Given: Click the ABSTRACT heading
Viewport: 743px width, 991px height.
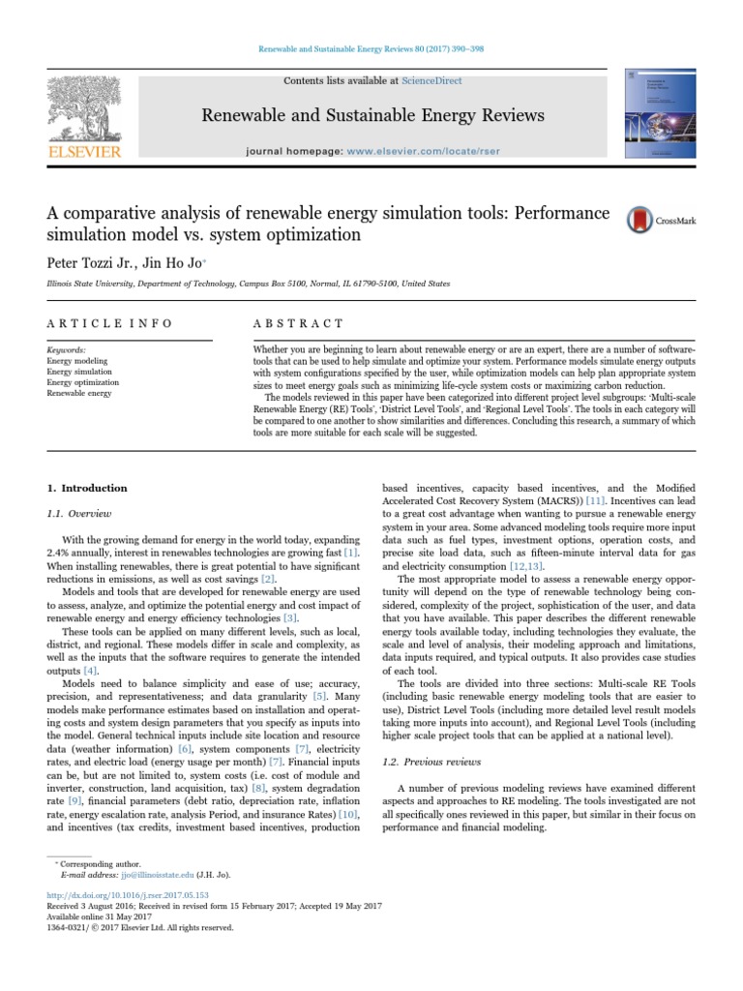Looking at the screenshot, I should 297,322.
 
